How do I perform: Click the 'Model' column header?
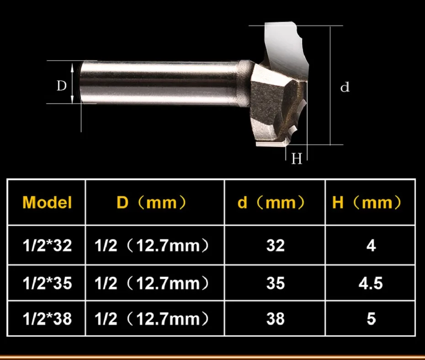click(x=47, y=202)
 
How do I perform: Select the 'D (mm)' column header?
click(x=151, y=202)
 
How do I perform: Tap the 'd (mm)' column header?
click(x=271, y=202)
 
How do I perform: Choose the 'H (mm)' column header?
click(x=367, y=202)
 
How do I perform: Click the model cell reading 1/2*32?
click(x=47, y=246)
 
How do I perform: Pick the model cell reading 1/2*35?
click(x=47, y=283)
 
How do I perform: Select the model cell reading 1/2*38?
click(x=47, y=318)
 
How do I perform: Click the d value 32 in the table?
click(x=276, y=246)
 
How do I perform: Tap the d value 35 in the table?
click(x=276, y=283)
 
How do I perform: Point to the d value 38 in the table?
click(x=276, y=318)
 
